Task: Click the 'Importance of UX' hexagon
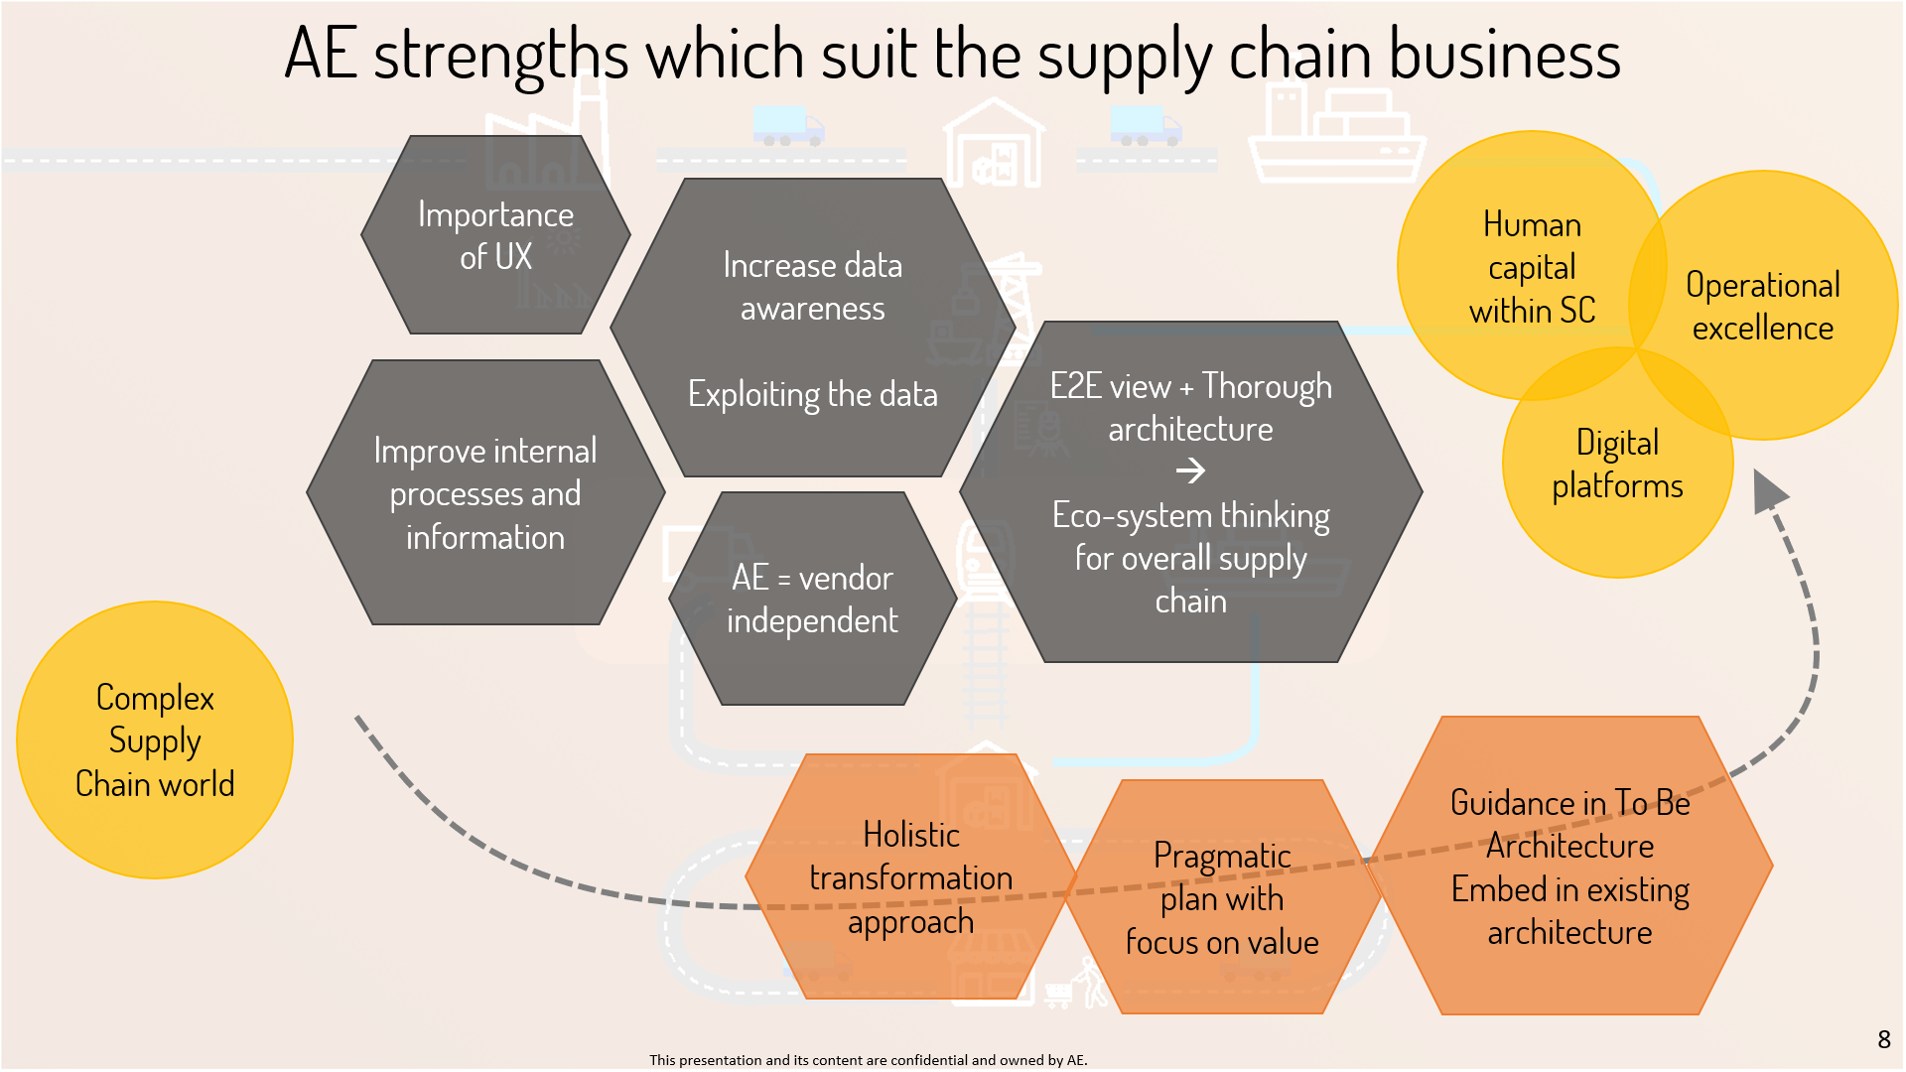495,235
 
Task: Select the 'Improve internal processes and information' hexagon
485,493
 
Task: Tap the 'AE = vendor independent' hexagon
812,599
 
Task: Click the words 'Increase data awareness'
812,287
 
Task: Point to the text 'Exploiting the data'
812,395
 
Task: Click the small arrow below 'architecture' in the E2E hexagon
1190,470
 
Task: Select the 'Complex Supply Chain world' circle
155,740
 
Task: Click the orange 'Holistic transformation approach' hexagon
910,877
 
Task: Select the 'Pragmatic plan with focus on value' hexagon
1222,898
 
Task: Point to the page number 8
1883,1040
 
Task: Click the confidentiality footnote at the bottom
868,1060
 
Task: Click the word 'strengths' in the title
501,56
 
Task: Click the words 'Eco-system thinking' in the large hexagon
1190,516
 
